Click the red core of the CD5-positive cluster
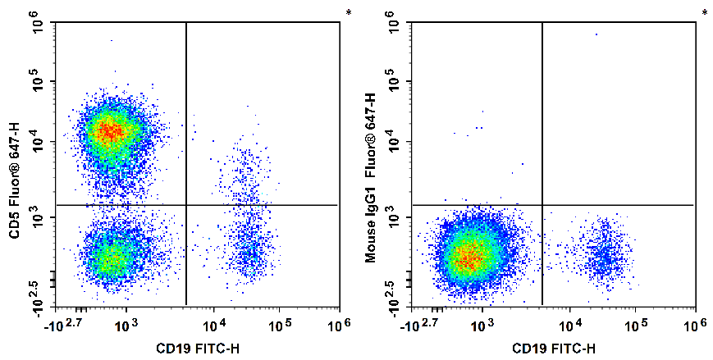111,130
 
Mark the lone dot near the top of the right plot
596,34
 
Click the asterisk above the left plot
348,13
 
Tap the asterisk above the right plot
704,13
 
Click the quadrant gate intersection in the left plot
186,204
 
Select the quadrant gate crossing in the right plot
542,204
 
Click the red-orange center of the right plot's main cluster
468,259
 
